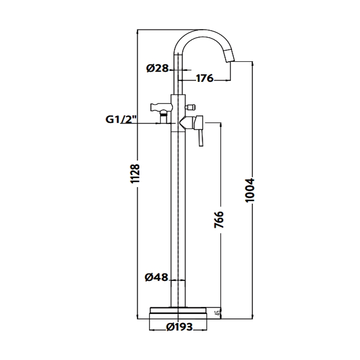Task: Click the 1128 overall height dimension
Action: click(x=135, y=173)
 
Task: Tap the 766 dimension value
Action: click(x=219, y=220)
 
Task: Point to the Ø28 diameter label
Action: click(x=157, y=68)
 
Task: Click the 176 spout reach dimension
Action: click(x=205, y=78)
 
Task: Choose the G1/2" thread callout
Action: click(x=121, y=119)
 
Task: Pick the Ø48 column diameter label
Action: click(x=157, y=277)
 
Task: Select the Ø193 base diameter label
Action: click(x=180, y=327)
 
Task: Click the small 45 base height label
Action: click(x=219, y=312)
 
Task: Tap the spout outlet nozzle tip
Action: click(x=229, y=55)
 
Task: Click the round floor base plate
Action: click(x=178, y=313)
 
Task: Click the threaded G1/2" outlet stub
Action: click(x=163, y=117)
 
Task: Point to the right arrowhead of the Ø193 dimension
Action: click(x=205, y=330)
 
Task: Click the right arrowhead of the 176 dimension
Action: click(x=228, y=80)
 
